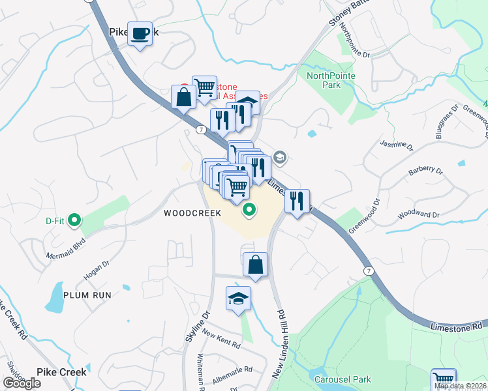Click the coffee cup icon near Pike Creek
(140, 33)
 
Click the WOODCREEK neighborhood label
(192, 213)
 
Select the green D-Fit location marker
(74, 220)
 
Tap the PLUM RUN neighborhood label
(87, 295)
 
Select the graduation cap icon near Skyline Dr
(238, 298)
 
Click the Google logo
(22, 383)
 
